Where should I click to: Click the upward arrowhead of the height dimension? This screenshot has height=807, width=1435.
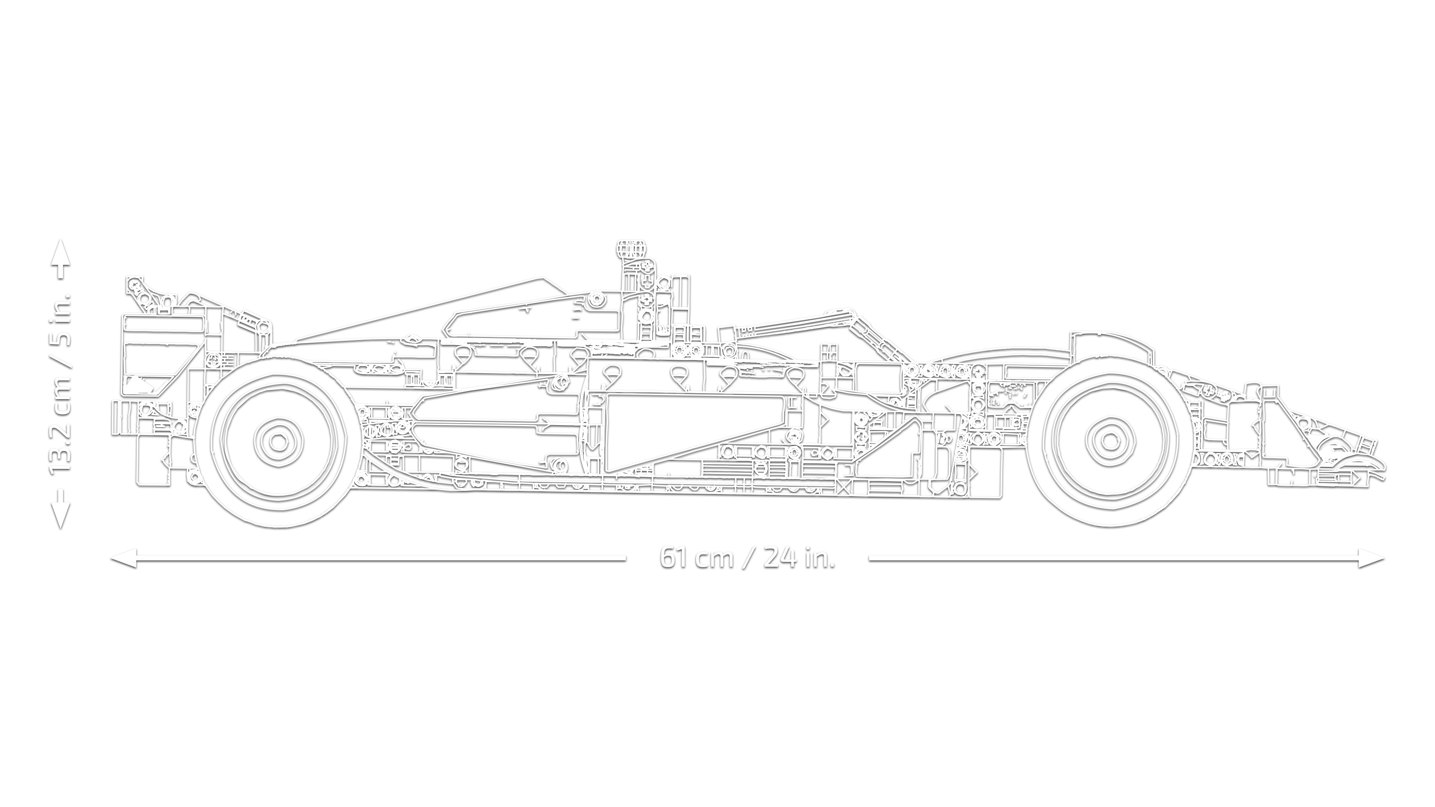click(x=61, y=251)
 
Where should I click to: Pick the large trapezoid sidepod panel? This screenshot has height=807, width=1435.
click(x=691, y=429)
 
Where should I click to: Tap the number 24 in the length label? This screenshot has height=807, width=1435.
click(x=780, y=558)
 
